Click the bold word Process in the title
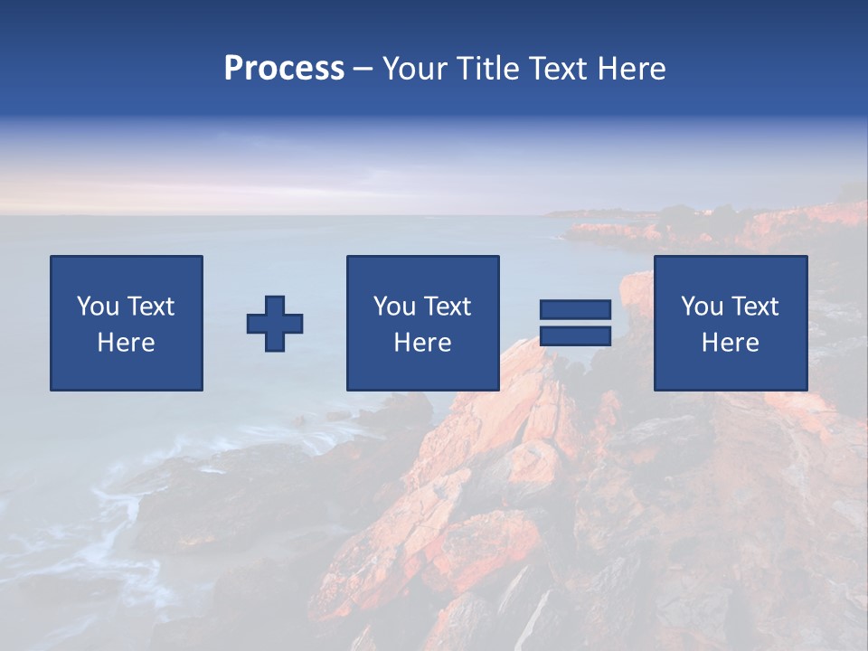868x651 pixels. [284, 69]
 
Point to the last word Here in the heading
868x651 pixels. [632, 69]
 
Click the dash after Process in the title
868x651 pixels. [363, 70]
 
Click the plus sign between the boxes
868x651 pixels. [275, 324]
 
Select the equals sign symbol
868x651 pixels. [575, 323]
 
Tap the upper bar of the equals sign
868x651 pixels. [575, 310]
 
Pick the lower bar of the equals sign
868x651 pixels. [575, 336]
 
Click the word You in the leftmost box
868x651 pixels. [97, 307]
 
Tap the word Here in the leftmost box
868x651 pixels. [126, 343]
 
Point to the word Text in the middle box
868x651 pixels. [448, 307]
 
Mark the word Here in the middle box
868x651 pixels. [422, 343]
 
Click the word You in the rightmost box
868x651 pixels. [701, 307]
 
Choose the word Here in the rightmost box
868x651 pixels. [730, 343]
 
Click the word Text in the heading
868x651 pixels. [560, 69]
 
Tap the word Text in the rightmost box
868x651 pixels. [755, 307]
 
